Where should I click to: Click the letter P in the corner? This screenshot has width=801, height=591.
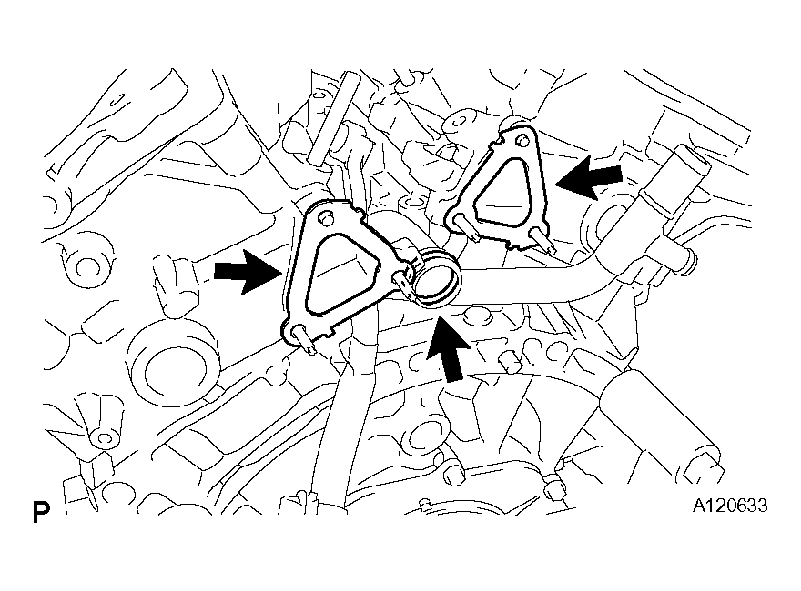(x=41, y=512)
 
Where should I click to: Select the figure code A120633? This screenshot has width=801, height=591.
(x=729, y=506)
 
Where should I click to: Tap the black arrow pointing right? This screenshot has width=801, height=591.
(x=247, y=271)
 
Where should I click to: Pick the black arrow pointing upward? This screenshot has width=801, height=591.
(x=449, y=348)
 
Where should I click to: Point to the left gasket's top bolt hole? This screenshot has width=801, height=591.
(x=323, y=218)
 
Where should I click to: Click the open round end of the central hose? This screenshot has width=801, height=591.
(x=437, y=277)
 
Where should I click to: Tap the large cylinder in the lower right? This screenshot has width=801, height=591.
(x=660, y=425)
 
